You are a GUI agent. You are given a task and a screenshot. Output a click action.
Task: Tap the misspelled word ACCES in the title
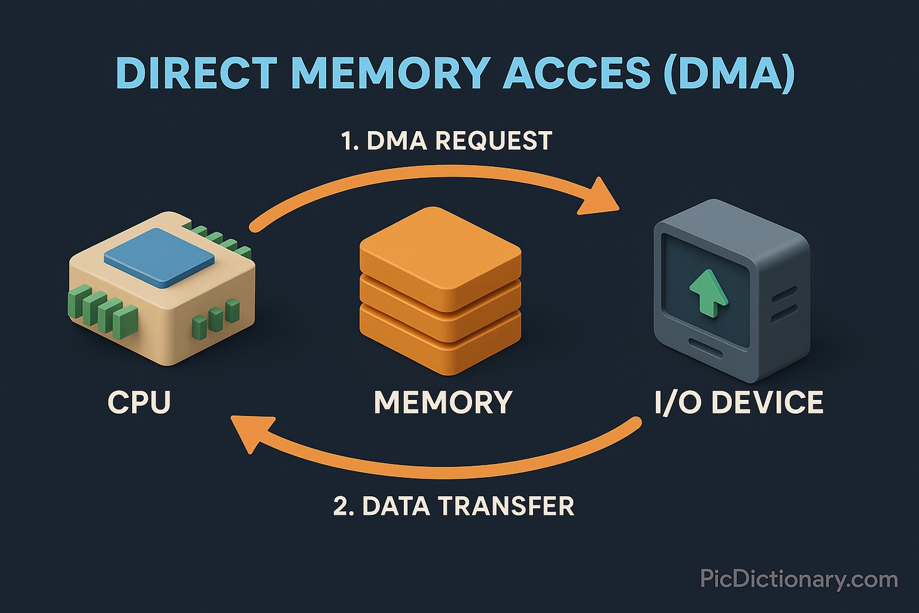[x=577, y=73]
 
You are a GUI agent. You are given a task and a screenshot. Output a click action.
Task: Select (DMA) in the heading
[x=728, y=73]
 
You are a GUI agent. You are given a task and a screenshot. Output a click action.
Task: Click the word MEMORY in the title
[x=391, y=73]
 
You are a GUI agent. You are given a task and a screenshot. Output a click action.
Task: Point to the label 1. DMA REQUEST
[x=446, y=141]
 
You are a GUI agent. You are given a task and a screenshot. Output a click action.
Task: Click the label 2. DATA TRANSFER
[x=454, y=506]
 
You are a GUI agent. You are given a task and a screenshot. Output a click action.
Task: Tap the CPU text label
[x=140, y=402]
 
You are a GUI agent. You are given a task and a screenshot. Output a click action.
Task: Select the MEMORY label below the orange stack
[x=443, y=402]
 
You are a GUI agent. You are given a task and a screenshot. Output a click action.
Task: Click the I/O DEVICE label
[x=739, y=402]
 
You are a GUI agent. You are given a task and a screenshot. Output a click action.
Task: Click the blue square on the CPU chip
[x=159, y=257]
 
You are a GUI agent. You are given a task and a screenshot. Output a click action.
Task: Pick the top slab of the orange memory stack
[x=441, y=250]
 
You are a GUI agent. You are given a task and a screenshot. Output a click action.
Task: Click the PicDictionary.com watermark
[x=798, y=579]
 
